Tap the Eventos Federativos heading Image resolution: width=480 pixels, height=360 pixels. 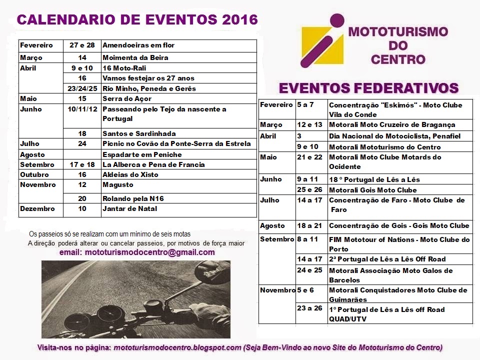click(x=368, y=88)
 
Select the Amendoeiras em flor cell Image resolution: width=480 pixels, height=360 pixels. click(x=138, y=45)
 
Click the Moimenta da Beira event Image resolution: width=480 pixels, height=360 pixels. click(x=135, y=57)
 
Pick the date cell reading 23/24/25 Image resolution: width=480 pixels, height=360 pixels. click(x=82, y=88)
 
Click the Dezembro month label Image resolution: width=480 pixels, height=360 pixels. click(x=34, y=208)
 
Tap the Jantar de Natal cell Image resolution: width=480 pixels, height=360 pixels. click(x=129, y=208)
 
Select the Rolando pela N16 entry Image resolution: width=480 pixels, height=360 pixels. click(x=132, y=198)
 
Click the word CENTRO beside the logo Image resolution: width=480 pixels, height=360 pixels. click(x=398, y=60)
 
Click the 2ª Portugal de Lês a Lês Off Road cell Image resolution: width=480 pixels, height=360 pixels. click(x=387, y=259)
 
